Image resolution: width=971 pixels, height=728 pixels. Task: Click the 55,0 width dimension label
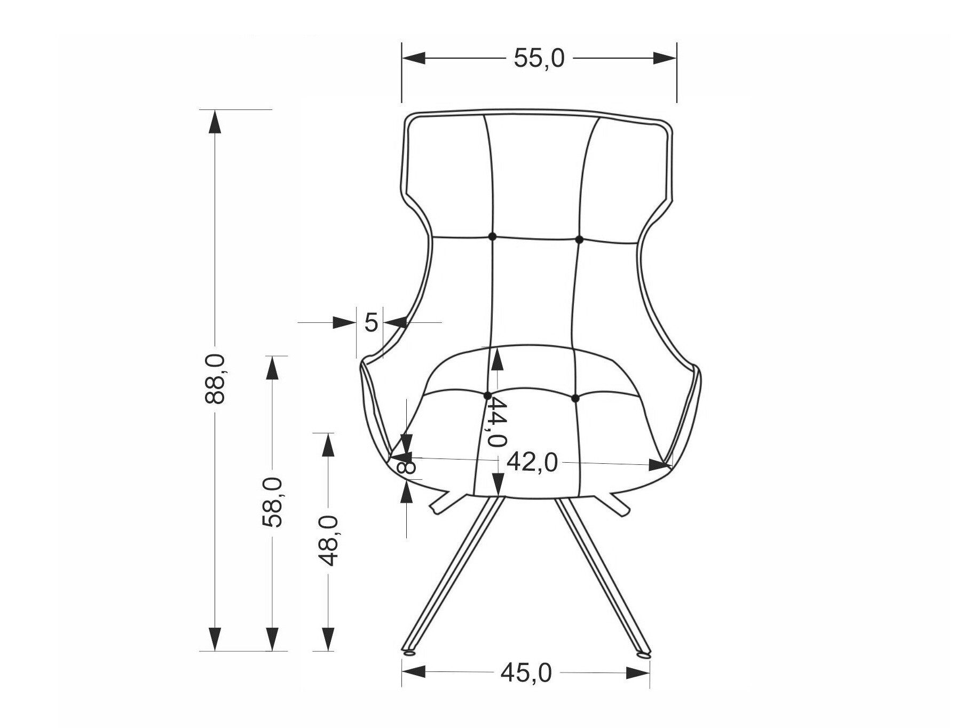tap(539, 58)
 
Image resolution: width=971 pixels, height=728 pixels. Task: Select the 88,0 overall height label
tap(216, 378)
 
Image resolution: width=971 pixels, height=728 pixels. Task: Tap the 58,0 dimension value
tap(273, 502)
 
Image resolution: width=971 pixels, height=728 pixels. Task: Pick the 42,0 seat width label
tap(532, 462)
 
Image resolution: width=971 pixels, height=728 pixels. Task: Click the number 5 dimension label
tap(372, 322)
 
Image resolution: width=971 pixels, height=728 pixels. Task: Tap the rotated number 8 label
tap(407, 466)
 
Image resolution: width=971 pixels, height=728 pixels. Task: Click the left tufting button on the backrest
tap(492, 236)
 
